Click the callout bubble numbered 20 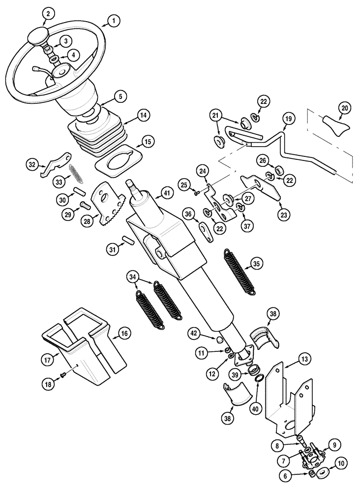[345, 108]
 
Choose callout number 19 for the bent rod [289, 119]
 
